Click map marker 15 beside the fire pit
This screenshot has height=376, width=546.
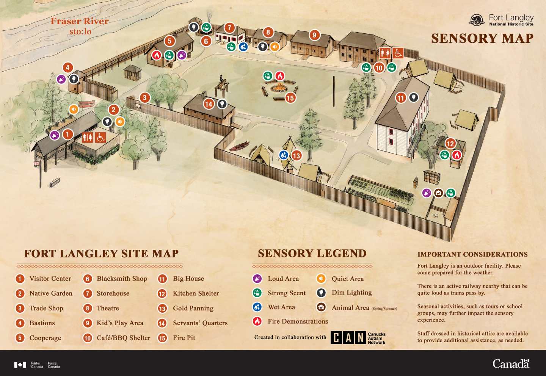pyautogui.click(x=290, y=98)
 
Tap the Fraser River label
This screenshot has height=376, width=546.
pyautogui.click(x=80, y=21)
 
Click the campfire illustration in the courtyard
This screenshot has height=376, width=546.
pyautogui.click(x=279, y=88)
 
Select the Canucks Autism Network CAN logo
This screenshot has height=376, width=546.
pyautogui.click(x=358, y=337)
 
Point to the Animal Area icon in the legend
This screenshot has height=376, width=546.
pyautogui.click(x=321, y=307)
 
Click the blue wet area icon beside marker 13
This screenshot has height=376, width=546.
pyautogui.click(x=284, y=155)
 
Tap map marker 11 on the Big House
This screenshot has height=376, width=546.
pyautogui.click(x=401, y=98)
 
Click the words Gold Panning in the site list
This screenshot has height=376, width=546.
pyautogui.click(x=193, y=308)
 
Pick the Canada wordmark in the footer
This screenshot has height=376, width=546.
pyautogui.click(x=511, y=364)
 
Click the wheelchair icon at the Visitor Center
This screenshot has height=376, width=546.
pyautogui.click(x=100, y=137)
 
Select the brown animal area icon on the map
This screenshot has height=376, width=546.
pyautogui.click(x=438, y=193)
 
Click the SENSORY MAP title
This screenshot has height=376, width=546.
pyautogui.click(x=482, y=38)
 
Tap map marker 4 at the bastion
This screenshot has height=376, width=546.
pyautogui.click(x=67, y=68)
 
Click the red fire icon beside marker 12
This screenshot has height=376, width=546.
pyautogui.click(x=457, y=155)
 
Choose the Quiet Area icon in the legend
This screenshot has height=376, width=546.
pyautogui.click(x=321, y=279)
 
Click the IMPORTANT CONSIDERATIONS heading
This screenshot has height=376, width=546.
pyautogui.click(x=472, y=254)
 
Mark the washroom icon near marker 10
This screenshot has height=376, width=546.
pyautogui.click(x=385, y=53)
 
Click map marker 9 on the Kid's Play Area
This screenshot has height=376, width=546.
pyautogui.click(x=314, y=35)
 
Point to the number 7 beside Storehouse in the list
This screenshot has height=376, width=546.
pyautogui.click(x=88, y=293)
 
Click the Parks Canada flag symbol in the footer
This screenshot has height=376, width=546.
pyautogui.click(x=20, y=365)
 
